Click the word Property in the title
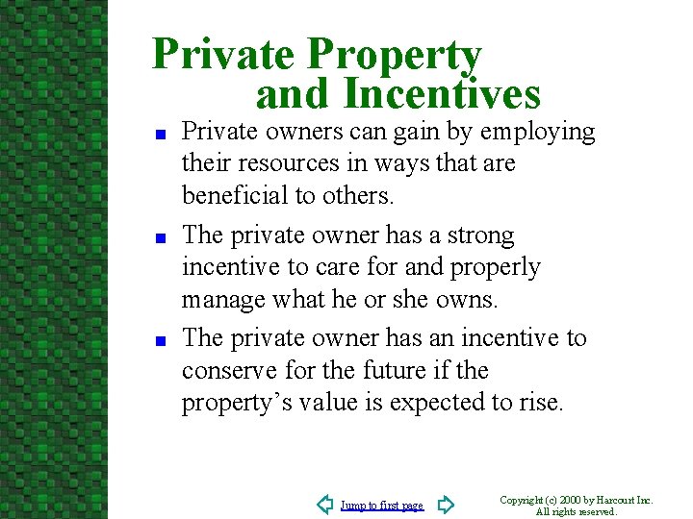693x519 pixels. [x=394, y=56]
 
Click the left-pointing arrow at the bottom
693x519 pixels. [x=324, y=505]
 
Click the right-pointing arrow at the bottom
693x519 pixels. [x=445, y=505]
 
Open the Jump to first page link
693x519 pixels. [x=382, y=506]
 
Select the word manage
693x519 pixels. [x=218, y=300]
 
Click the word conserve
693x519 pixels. [x=225, y=371]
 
